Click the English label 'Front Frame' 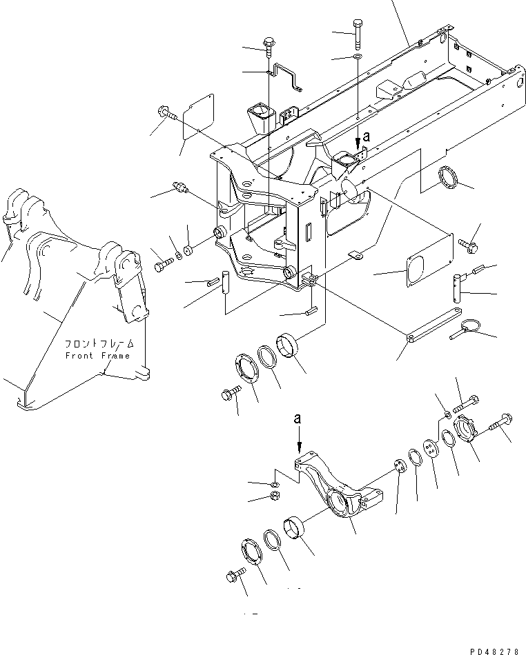tap(97, 356)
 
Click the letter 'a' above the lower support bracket tap(298, 418)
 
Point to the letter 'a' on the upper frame tap(367, 137)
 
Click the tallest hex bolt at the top tap(358, 32)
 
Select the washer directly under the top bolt tap(356, 55)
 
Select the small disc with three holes tap(400, 467)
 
